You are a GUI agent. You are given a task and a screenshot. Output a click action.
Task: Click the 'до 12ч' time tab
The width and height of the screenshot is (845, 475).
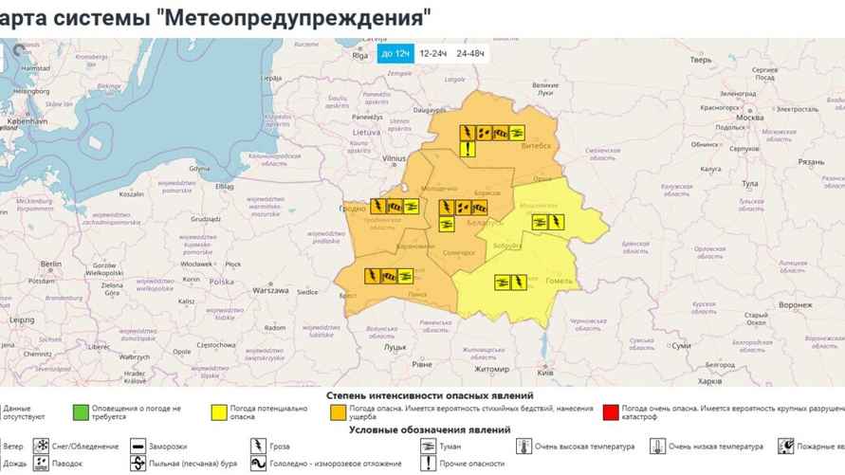[395, 53]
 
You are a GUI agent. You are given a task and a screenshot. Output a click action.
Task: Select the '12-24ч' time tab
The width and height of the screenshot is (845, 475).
[433, 53]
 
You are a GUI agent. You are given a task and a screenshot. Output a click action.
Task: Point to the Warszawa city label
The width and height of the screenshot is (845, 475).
[270, 291]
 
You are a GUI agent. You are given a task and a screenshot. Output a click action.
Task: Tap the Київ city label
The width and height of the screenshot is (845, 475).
[545, 373]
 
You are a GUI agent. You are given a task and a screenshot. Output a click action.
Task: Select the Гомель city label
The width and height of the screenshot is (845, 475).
[551, 283]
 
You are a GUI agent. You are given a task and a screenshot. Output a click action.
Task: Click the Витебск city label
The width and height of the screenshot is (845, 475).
[536, 145]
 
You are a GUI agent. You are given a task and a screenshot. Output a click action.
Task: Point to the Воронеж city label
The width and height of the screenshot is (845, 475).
[795, 305]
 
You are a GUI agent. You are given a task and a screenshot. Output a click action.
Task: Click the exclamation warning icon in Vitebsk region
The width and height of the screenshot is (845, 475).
[468, 149]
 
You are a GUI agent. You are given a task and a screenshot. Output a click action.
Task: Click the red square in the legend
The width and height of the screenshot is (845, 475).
[610, 412]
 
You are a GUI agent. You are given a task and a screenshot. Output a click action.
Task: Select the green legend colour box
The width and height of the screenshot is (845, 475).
[81, 412]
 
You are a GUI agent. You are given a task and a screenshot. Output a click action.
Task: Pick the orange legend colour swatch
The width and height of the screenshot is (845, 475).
[337, 412]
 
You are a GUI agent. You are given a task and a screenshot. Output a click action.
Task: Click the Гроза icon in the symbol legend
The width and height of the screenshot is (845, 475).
[258, 446]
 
